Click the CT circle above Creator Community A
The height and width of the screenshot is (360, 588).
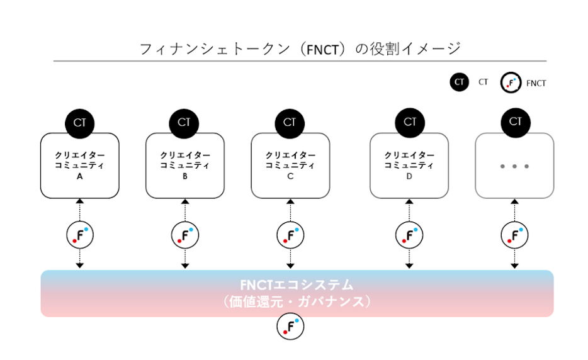pyautogui.click(x=79, y=123)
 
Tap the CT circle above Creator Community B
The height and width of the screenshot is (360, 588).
pyautogui.click(x=184, y=123)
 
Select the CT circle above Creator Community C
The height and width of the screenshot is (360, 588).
pyautogui.click(x=290, y=123)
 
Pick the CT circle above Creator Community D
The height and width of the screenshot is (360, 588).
pyautogui.click(x=410, y=123)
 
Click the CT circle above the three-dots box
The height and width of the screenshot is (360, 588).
pyautogui.click(x=515, y=123)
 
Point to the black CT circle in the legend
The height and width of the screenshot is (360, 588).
pyautogui.click(x=460, y=82)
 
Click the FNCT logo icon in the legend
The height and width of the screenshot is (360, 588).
pyautogui.click(x=511, y=82)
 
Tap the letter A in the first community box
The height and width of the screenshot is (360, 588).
pyautogui.click(x=80, y=177)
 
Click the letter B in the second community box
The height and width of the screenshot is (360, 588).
pyautogui.click(x=185, y=177)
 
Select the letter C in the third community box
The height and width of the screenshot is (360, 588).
pyautogui.click(x=290, y=177)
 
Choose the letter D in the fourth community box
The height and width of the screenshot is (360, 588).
pyautogui.click(x=409, y=177)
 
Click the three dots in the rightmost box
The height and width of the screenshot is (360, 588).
pyautogui.click(x=514, y=167)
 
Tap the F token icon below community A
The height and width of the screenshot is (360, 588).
pyautogui.click(x=80, y=235)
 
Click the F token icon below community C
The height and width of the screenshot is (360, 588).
pyautogui.click(x=290, y=235)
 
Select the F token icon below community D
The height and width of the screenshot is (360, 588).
pyautogui.click(x=409, y=235)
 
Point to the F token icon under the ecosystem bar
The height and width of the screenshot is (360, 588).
pyautogui.click(x=290, y=326)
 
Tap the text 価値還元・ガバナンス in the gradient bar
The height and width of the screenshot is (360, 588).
pyautogui.click(x=297, y=301)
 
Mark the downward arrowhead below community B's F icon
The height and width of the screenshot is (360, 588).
pyautogui.click(x=185, y=266)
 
